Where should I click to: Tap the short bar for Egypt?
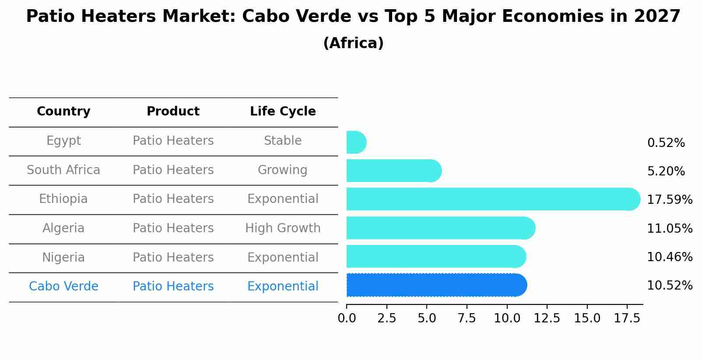[x=356, y=142]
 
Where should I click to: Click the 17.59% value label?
[x=669, y=200]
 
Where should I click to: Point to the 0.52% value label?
[x=666, y=143]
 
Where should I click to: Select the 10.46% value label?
[x=669, y=257]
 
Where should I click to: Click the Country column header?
[x=63, y=112]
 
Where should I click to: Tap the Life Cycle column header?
[x=283, y=112]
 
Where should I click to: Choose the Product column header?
[x=173, y=112]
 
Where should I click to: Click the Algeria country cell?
[x=63, y=228]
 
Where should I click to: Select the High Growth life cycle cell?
[x=283, y=228]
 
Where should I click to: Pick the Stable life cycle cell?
[x=283, y=141]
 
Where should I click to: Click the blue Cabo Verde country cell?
[x=63, y=287]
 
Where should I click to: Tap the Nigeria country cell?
[x=63, y=257]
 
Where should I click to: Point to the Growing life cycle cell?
[x=283, y=170]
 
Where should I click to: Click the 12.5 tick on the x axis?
[x=547, y=318]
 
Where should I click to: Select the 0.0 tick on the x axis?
[x=347, y=318]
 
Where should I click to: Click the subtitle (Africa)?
[x=353, y=43]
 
